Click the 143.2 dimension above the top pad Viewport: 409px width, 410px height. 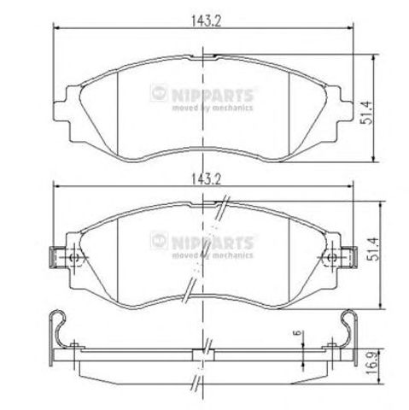[x=206, y=20]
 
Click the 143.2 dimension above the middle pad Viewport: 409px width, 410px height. [x=206, y=179]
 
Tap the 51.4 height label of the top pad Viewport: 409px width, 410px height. [x=366, y=113]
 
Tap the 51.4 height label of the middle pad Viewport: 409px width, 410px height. [x=374, y=249]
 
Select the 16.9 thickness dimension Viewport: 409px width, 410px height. [x=373, y=366]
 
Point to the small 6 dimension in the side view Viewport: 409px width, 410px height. [x=298, y=332]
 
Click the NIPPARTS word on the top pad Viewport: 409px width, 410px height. [x=213, y=95]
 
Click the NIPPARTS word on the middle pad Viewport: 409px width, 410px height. [x=213, y=243]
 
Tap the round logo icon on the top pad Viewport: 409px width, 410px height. [x=159, y=93]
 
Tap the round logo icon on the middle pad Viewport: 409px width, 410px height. [x=159, y=241]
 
